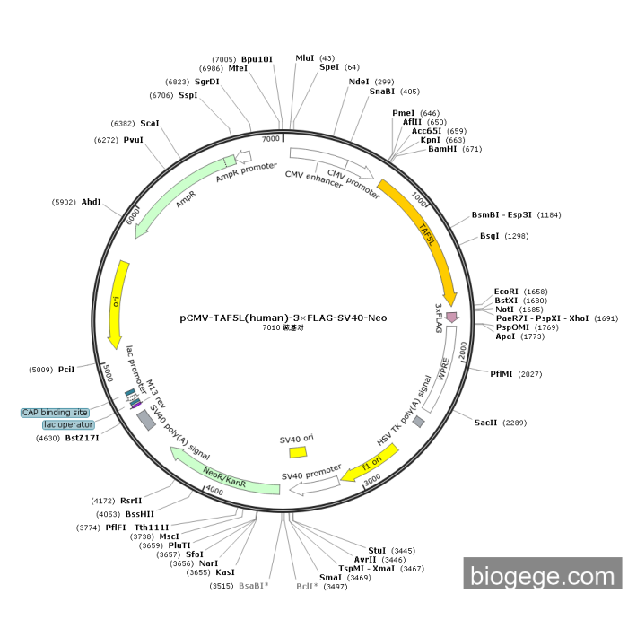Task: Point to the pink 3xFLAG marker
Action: click(x=451, y=317)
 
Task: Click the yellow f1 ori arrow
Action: click(x=367, y=467)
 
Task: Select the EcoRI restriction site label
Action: click(x=506, y=292)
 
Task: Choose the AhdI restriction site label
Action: click(x=92, y=202)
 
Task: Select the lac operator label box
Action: click(x=68, y=424)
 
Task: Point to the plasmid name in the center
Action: click(x=283, y=318)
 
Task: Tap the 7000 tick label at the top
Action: click(x=271, y=139)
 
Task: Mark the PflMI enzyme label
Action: click(x=502, y=373)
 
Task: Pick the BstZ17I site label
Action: click(x=82, y=438)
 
